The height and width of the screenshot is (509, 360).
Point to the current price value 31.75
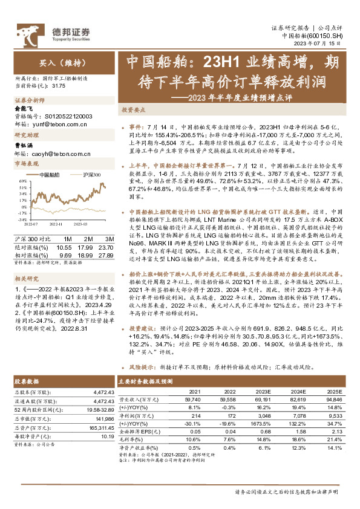59,86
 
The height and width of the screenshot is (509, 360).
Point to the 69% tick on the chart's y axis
21,181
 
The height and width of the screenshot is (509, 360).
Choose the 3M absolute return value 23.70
105,247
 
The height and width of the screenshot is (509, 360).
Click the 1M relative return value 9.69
64,254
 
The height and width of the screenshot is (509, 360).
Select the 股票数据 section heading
27,381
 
